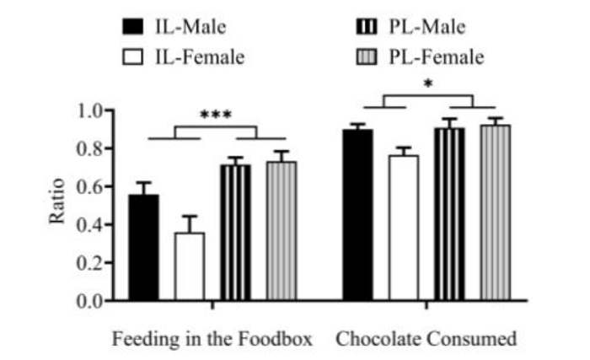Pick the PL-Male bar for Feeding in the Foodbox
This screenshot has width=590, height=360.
(x=235, y=233)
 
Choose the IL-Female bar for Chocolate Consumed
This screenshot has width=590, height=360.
(x=403, y=228)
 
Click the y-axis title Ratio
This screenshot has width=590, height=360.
(x=57, y=205)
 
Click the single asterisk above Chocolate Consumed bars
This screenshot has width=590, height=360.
(x=428, y=83)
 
